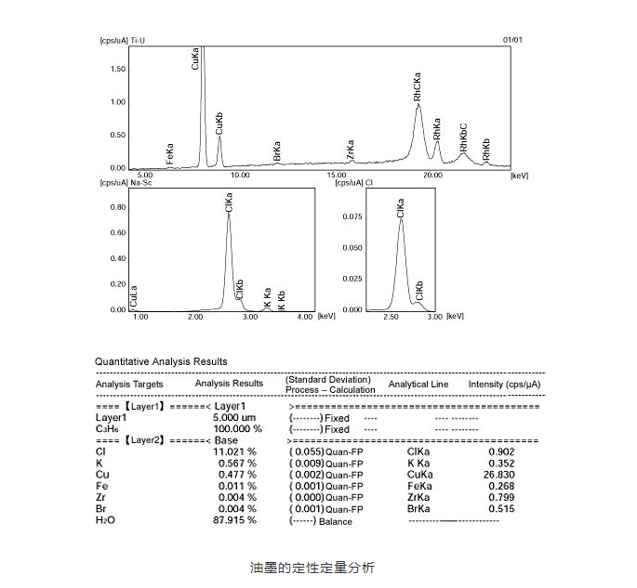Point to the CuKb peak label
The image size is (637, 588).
pos(219,123)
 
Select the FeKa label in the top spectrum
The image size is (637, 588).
pos(170,152)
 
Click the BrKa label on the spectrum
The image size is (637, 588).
pos(277,152)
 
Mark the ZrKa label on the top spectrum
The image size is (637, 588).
pos(351,151)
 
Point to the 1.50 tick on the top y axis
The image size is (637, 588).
pos(118,69)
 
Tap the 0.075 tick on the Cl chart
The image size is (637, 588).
pos(351,216)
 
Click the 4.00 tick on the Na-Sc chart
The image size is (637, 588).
pos(304,317)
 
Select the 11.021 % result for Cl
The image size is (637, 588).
pos(235,451)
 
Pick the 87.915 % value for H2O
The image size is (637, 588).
pos(235,521)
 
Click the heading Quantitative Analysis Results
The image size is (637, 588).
pos(161,361)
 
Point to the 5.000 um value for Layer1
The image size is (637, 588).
pos(234,418)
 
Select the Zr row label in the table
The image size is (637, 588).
pos(101,498)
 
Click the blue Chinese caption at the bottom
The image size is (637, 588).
pos(312,566)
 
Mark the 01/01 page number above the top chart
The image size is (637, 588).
pos(512,41)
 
